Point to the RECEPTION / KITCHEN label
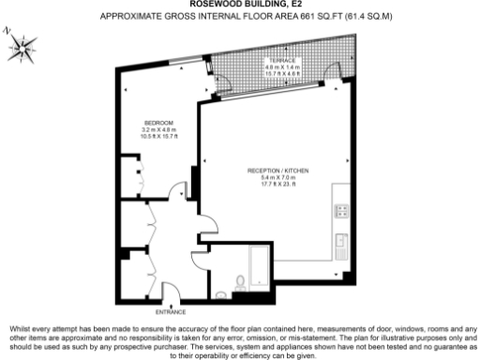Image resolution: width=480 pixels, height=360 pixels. coord(277,170)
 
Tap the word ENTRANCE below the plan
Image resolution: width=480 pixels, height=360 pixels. coord(170,311)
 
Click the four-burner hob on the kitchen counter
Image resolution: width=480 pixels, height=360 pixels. coord(342,213)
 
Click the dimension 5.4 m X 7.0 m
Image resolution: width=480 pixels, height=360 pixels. coord(277,177)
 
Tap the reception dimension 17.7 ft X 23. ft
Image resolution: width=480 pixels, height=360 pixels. coord(277,184)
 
